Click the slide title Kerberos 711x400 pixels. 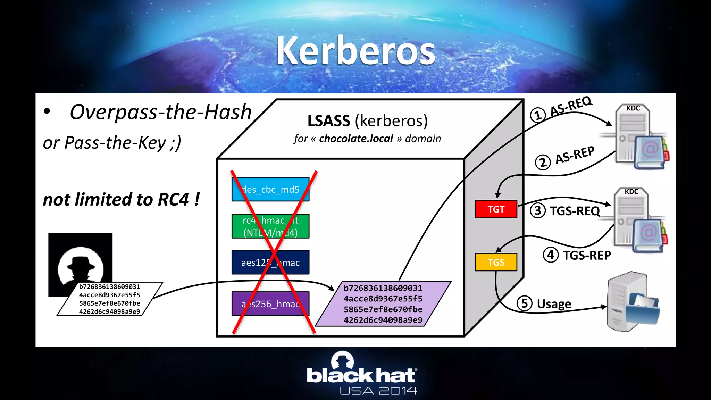click(355, 51)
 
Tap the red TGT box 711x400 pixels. click(496, 209)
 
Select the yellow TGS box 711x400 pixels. click(496, 262)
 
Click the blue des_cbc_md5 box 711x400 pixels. click(270, 190)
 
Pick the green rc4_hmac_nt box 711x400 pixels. click(270, 226)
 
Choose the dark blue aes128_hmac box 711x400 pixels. click(270, 262)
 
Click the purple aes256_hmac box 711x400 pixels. click(270, 304)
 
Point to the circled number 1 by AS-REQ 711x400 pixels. click(538, 115)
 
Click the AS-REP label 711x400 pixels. click(575, 155)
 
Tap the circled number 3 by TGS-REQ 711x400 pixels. click(538, 210)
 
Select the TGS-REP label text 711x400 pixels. click(587, 255)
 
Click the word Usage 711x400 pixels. click(554, 304)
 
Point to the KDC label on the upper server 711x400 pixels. click(633, 108)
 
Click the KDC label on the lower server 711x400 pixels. click(631, 192)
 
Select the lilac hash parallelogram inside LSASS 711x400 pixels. click(383, 304)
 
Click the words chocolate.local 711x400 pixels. click(356, 139)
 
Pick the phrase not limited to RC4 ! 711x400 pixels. click(121, 200)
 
